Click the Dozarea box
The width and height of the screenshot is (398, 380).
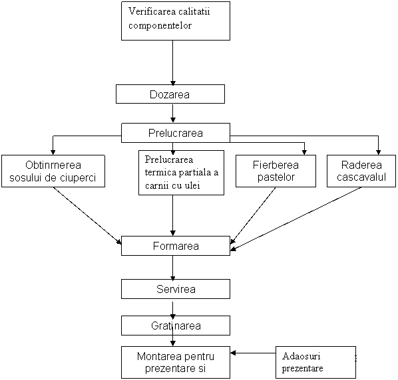(x=170, y=94)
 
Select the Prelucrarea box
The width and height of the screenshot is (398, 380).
(x=176, y=133)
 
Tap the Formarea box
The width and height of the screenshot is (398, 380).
(x=176, y=246)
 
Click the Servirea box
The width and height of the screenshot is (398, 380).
(x=176, y=289)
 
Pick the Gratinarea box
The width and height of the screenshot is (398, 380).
(x=176, y=326)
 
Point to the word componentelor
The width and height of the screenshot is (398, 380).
(x=160, y=26)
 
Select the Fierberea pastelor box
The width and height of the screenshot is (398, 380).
(x=276, y=171)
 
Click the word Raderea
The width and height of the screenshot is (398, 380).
(x=361, y=165)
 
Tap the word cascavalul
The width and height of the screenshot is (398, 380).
(x=361, y=177)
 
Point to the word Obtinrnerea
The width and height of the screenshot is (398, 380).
(x=53, y=165)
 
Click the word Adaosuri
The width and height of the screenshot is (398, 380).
(x=301, y=356)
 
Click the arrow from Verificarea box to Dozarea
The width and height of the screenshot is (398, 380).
(x=173, y=62)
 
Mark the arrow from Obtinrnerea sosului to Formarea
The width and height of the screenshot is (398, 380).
(x=87, y=216)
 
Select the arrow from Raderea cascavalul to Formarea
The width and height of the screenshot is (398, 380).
(x=296, y=219)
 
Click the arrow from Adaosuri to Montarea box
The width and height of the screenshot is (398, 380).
(x=253, y=353)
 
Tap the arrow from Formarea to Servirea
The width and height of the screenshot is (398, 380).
(x=173, y=268)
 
